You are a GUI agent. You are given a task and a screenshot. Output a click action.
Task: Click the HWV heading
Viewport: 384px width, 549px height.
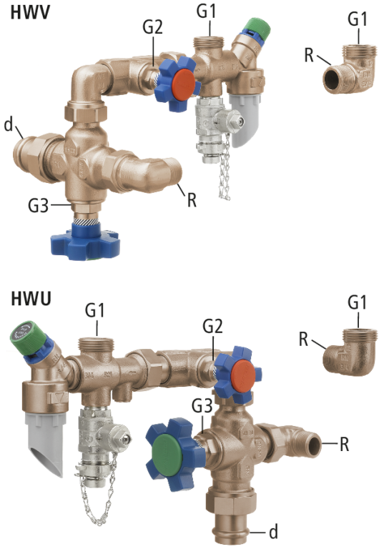(30, 13)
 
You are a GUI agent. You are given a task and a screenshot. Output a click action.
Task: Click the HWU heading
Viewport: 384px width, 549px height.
(31, 299)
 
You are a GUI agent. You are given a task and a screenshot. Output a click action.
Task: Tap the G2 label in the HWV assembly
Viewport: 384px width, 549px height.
(153, 26)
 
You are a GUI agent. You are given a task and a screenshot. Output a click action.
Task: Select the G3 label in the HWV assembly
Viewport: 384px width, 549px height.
(38, 205)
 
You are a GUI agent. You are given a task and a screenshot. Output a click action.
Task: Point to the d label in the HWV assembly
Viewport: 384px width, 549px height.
(9, 124)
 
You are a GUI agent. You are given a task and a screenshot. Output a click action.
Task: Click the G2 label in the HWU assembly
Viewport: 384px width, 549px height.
(212, 326)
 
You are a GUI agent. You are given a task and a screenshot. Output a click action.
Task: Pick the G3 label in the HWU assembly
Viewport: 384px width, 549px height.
(202, 406)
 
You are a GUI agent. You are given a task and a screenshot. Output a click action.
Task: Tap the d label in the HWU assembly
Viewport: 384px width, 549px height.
(274, 532)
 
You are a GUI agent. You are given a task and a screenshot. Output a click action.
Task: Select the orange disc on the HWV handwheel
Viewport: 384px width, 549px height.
(184, 84)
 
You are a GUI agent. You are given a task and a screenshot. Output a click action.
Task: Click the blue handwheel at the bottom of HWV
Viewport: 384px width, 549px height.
(85, 242)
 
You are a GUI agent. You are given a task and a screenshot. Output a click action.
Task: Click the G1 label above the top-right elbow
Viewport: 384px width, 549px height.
(358, 19)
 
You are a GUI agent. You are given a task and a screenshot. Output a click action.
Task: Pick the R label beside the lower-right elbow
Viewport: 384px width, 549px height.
(303, 340)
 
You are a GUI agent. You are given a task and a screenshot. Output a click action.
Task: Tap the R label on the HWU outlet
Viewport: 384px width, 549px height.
(345, 445)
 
